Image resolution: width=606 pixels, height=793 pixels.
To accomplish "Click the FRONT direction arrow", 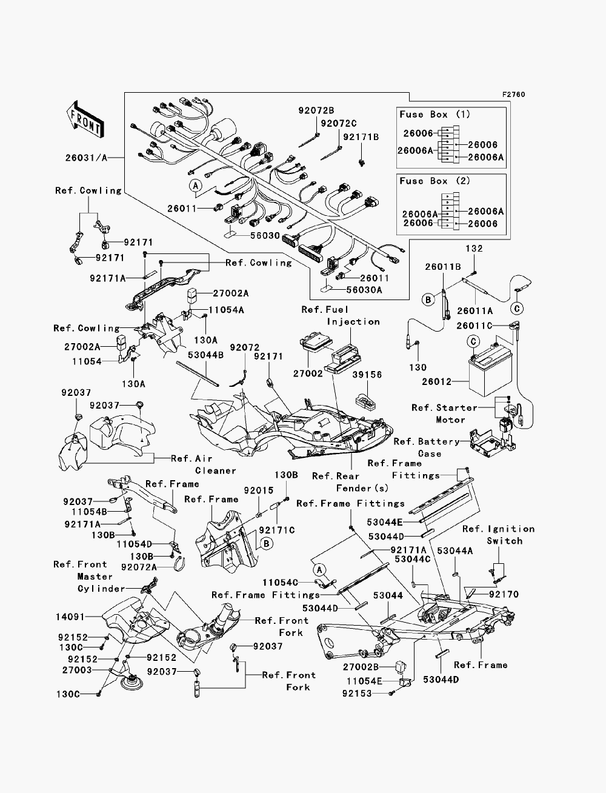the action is [x=85, y=119].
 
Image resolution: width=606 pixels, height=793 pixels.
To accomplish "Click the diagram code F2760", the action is [x=513, y=95].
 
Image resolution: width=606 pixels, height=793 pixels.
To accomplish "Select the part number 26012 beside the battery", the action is [x=437, y=381].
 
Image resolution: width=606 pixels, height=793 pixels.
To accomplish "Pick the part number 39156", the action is [x=367, y=375].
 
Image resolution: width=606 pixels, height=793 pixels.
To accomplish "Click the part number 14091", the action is [x=70, y=617].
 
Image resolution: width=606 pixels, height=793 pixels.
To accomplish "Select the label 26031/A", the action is [x=86, y=158].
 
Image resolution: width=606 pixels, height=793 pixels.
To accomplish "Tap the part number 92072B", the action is [x=316, y=110].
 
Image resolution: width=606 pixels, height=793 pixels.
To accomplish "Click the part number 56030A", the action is [x=364, y=290].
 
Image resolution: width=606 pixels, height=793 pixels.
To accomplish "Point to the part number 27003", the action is [x=77, y=670].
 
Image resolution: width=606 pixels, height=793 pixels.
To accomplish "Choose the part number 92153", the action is [x=357, y=694].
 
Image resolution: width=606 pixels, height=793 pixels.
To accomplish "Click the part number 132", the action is [x=474, y=249].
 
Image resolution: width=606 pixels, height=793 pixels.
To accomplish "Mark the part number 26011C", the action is [x=474, y=326].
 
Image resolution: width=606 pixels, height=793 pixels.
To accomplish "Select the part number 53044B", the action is [x=205, y=355].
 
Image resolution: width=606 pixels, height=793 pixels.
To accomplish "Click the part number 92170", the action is [x=504, y=594].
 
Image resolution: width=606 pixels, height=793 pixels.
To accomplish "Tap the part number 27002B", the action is [x=361, y=666].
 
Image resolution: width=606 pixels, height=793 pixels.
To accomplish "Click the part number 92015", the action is [x=259, y=490].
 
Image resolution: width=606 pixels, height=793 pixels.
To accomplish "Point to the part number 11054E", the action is [x=364, y=681].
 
